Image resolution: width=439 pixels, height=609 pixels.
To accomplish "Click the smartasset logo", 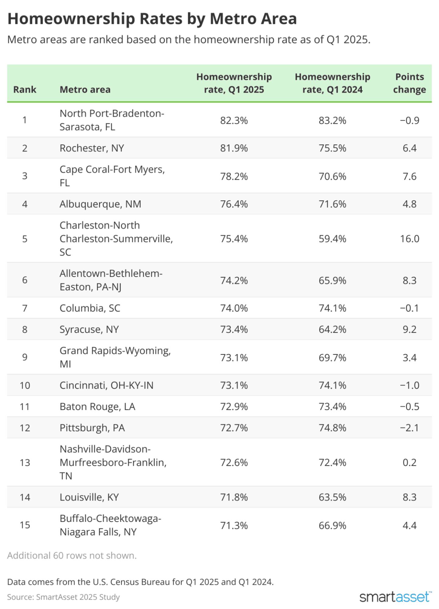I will pyautogui.click(x=395, y=597).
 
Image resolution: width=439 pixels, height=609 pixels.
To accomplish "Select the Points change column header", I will pyautogui.click(x=409, y=83).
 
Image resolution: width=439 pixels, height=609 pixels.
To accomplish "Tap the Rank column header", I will pyautogui.click(x=25, y=90).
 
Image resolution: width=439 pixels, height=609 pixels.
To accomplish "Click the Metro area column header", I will pyautogui.click(x=85, y=90).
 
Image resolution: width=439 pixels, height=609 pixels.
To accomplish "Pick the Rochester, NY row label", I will pyautogui.click(x=92, y=148).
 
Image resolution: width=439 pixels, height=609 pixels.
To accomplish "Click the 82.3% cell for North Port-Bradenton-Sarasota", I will pyautogui.click(x=234, y=120).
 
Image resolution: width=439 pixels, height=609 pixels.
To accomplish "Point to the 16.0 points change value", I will pyautogui.click(x=409, y=239).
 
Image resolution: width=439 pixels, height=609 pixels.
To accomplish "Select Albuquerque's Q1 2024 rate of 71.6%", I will pyautogui.click(x=332, y=204).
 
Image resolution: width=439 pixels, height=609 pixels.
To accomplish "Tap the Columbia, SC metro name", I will pyautogui.click(x=90, y=308).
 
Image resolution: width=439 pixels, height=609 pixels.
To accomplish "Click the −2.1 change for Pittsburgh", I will pyautogui.click(x=409, y=428).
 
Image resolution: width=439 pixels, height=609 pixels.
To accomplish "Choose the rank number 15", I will pyautogui.click(x=25, y=525).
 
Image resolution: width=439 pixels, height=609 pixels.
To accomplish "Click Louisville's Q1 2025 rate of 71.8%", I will pyautogui.click(x=234, y=497).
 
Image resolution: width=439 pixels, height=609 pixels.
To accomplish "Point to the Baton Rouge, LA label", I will pyautogui.click(x=97, y=407).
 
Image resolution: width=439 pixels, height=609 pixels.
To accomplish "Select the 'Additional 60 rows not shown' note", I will pyautogui.click(x=72, y=556).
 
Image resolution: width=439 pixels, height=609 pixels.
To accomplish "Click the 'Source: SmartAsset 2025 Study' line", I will pyautogui.click(x=63, y=597).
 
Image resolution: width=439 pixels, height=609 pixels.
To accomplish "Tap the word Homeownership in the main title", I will pyautogui.click(x=71, y=19).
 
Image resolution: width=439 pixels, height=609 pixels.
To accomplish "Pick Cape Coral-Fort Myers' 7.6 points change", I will pyautogui.click(x=409, y=176).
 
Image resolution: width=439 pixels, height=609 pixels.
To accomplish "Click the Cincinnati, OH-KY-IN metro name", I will pyautogui.click(x=106, y=385).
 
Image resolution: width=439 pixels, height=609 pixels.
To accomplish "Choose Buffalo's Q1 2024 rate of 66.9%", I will pyautogui.click(x=332, y=525).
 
